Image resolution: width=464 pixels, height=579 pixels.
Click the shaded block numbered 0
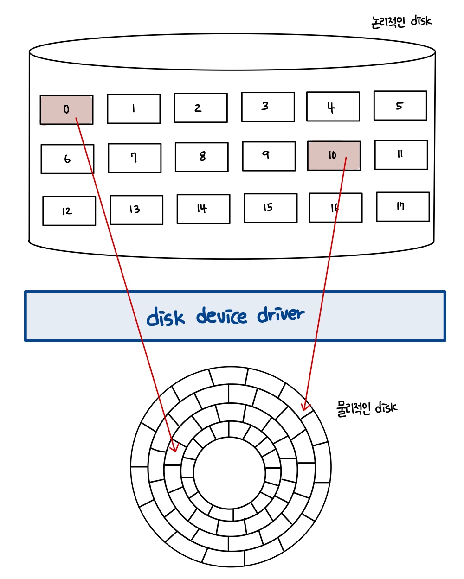(66, 110)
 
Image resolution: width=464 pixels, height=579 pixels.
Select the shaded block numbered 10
(334, 156)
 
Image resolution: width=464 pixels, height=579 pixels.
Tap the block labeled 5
(400, 106)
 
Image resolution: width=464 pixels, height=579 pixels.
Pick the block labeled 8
(201, 157)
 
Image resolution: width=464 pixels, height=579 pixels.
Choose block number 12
(69, 211)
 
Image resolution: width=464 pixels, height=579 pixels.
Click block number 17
(402, 207)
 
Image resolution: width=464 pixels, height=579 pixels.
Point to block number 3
(268, 107)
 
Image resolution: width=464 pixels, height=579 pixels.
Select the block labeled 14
(203, 209)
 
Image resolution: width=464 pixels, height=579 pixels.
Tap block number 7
(135, 158)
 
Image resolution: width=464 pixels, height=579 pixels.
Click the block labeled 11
(401, 155)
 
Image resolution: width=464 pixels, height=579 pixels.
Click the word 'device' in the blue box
(222, 316)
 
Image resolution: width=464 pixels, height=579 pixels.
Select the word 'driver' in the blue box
(281, 315)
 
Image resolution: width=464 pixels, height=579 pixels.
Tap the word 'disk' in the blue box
(166, 318)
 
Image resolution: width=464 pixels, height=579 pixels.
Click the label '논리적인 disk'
(401, 21)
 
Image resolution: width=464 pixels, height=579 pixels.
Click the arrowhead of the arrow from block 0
(174, 448)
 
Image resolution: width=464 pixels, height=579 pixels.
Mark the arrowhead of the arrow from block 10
(304, 407)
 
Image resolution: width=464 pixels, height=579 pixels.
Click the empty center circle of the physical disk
(229, 472)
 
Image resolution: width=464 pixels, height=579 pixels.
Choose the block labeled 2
(200, 108)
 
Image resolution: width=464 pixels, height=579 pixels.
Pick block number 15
(270, 208)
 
